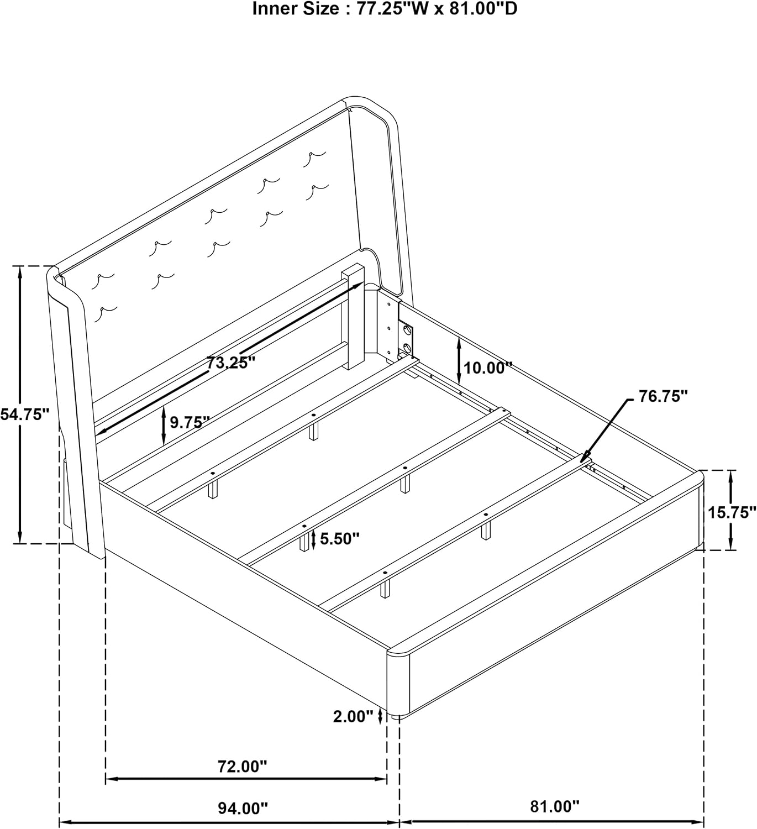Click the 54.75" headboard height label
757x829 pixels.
pyautogui.click(x=25, y=414)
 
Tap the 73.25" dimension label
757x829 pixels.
pyautogui.click(x=231, y=363)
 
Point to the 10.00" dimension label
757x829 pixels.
pyautogui.click(x=488, y=368)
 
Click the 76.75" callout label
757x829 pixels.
pyautogui.click(x=663, y=396)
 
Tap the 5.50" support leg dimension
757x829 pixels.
pyautogui.click(x=340, y=538)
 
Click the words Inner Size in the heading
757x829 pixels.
pyautogui.click(x=296, y=9)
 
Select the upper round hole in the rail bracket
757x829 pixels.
pyautogui.click(x=406, y=330)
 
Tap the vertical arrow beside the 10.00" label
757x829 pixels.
pyautogui.click(x=459, y=360)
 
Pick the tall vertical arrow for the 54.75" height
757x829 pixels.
pyautogui.click(x=19, y=404)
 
